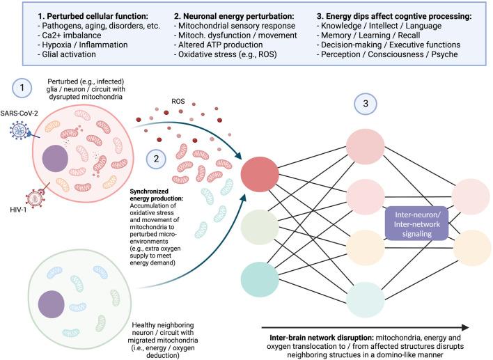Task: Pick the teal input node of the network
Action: click(x=259, y=277)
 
